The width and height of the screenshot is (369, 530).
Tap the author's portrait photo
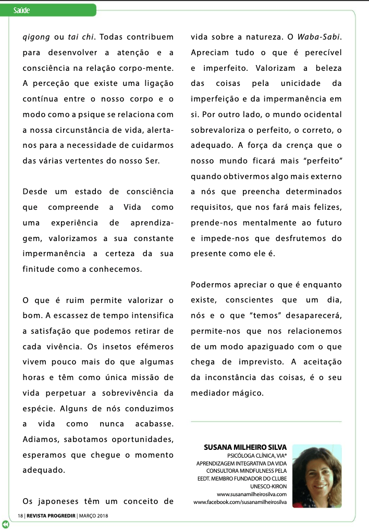point(317,476)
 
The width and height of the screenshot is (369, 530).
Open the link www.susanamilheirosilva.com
point(252,494)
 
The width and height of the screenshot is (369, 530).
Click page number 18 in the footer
point(21,515)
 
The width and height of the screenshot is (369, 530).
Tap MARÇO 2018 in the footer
point(94,515)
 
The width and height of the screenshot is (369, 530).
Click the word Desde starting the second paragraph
point(35,192)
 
